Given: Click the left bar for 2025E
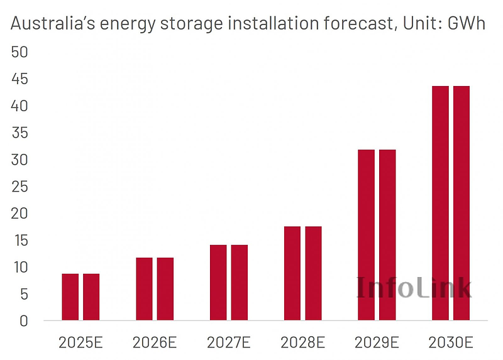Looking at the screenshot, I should point(70,297).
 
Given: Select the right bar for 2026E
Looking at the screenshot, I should point(165,289).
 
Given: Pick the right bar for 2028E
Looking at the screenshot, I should point(313,273).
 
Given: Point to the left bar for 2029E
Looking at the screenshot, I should point(366,235).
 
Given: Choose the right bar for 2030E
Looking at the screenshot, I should point(462,203).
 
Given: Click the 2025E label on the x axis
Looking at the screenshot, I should point(80,342).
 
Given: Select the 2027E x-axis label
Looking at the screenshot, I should point(229,342).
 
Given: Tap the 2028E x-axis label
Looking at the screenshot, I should point(303,342).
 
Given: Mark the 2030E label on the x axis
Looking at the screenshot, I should point(451,342).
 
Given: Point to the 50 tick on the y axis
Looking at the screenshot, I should point(20,52).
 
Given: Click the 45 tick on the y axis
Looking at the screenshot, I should point(20,79).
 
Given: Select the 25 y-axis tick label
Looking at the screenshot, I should point(20,187).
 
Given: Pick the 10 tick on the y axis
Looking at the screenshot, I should point(20,267).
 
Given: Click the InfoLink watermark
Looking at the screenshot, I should point(414,287).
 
